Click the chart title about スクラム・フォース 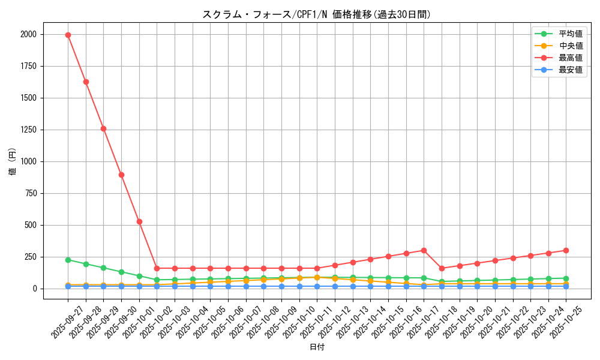click(317, 14)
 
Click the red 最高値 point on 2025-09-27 click(68, 35)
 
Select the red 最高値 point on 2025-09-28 click(86, 82)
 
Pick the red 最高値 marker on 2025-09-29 click(103, 128)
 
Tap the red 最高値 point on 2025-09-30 click(121, 175)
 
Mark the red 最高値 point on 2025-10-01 click(139, 221)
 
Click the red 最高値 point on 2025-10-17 click(424, 250)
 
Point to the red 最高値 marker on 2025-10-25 click(566, 250)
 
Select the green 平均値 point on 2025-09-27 click(68, 260)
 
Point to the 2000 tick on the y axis click(28, 35)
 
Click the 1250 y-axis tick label click(28, 130)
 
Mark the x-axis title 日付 click(317, 347)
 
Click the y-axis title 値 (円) click(13, 161)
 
